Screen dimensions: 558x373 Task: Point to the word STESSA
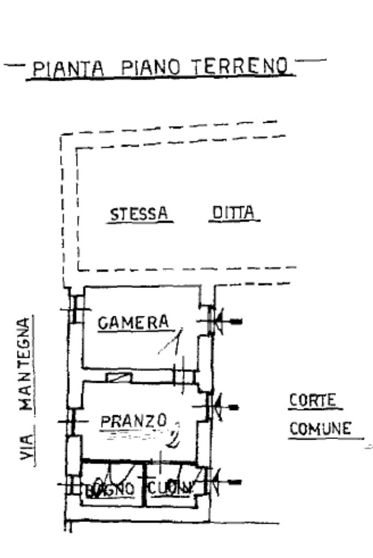coord(139,214)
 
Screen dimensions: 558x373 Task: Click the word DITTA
coord(234,213)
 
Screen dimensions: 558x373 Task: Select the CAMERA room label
coord(133,323)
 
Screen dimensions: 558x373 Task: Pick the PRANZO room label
coord(134,421)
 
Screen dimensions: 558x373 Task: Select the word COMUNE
coord(320,429)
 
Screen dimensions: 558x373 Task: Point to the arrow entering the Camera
coord(226,322)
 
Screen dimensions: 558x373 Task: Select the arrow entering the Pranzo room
coord(226,407)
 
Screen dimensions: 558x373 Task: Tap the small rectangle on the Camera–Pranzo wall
coord(119,377)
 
